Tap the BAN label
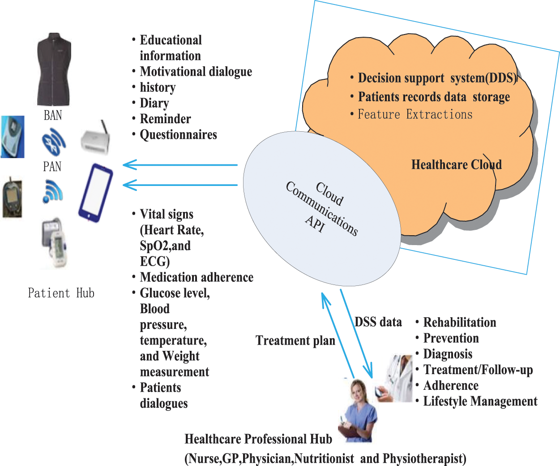(x=53, y=116)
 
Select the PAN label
(x=52, y=167)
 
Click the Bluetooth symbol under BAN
(x=54, y=142)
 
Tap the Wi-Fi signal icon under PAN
(x=53, y=191)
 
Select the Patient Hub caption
(x=61, y=293)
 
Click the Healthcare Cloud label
(x=456, y=165)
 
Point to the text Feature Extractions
(x=415, y=115)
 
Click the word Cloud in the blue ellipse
(x=329, y=194)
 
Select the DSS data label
(x=378, y=322)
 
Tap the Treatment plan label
(x=295, y=341)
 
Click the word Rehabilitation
(x=460, y=323)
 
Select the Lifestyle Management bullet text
(x=480, y=401)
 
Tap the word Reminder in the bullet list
(x=165, y=119)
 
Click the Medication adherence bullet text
(x=197, y=277)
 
